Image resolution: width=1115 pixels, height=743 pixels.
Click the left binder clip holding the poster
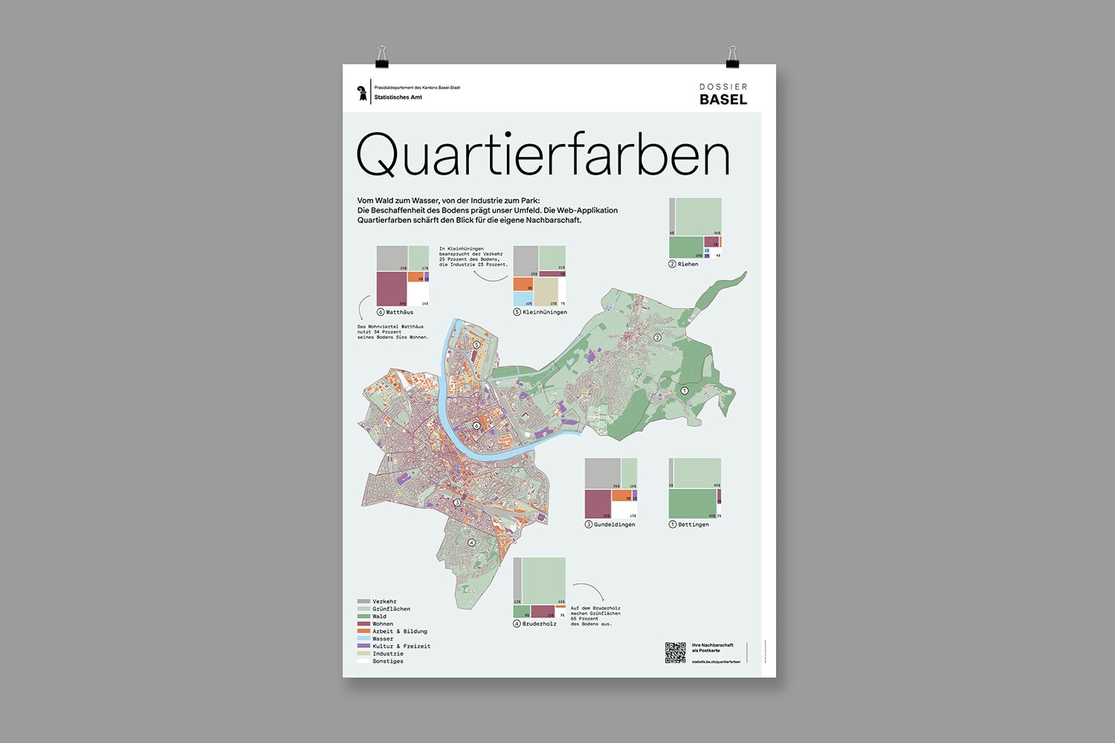[381, 57]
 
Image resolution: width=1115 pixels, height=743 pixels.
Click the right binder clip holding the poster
[732, 57]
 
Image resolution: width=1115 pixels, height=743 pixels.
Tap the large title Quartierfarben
[543, 155]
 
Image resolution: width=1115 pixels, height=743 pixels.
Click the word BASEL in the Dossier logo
[723, 100]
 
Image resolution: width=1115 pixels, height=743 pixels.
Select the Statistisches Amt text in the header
[398, 97]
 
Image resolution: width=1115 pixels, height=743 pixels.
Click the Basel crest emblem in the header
[362, 93]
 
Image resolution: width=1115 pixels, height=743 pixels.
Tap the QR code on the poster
[675, 652]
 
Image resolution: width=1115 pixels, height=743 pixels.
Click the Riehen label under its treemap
[688, 265]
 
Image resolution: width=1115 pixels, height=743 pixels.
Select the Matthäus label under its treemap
[399, 313]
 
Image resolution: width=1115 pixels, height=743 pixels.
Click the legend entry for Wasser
[383, 639]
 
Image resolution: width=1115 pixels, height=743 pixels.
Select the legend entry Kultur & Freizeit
[401, 646]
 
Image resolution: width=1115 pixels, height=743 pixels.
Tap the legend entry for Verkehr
[384, 602]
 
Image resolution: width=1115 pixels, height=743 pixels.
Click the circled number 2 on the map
[657, 337]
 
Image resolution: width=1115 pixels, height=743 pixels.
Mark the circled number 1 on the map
[685, 391]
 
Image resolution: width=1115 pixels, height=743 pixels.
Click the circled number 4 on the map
[471, 542]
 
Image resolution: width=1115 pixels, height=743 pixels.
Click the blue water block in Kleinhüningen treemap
[523, 299]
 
